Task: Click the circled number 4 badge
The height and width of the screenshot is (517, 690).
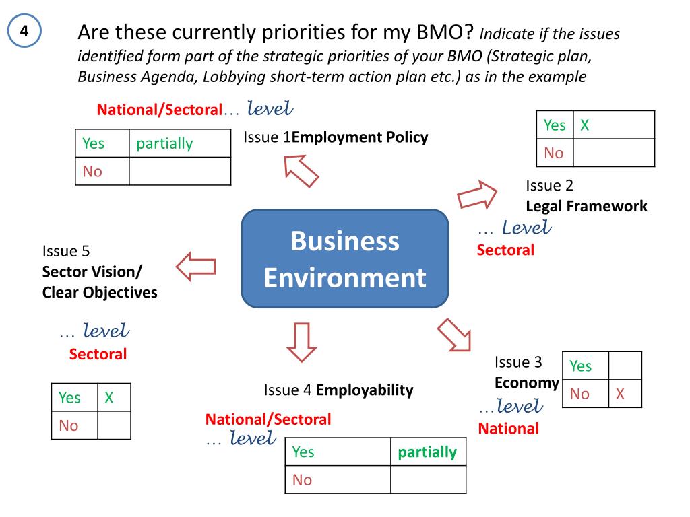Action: tap(24, 32)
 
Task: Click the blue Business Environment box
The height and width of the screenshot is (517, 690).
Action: tap(345, 259)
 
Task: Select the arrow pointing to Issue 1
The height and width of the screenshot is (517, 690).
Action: tap(301, 171)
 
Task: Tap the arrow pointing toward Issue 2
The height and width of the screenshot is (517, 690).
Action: tap(477, 195)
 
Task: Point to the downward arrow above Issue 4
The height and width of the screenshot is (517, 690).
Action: tap(301, 341)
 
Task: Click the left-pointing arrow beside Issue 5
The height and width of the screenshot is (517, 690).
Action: tap(196, 267)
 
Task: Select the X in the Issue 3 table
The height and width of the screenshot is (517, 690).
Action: tap(619, 394)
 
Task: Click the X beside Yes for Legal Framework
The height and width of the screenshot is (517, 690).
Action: tap(585, 125)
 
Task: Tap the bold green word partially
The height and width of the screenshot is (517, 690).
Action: tap(427, 452)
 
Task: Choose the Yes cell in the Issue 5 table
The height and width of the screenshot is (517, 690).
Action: tap(69, 398)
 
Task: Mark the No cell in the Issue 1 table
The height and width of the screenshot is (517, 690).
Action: tap(92, 171)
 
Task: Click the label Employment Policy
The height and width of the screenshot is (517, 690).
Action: tap(360, 138)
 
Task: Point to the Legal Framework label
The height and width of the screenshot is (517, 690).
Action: tap(586, 206)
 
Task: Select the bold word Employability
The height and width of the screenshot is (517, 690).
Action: tap(365, 390)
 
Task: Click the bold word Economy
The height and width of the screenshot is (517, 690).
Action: tap(527, 383)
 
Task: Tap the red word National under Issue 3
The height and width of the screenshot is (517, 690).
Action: tap(508, 428)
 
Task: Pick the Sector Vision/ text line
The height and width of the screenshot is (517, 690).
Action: tap(92, 272)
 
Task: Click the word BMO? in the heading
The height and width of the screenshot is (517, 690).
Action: tap(450, 32)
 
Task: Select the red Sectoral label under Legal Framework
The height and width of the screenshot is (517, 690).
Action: tap(505, 250)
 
